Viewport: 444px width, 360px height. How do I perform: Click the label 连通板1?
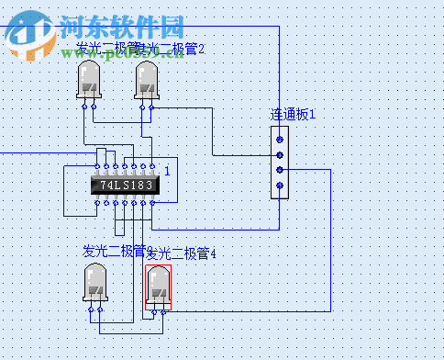(x=293, y=115)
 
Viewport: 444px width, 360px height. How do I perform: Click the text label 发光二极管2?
(x=174, y=48)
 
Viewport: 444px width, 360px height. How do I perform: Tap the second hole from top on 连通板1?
(x=280, y=154)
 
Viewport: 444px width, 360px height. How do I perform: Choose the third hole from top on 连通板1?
(x=280, y=170)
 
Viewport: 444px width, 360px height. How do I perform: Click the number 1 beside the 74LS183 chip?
(x=167, y=171)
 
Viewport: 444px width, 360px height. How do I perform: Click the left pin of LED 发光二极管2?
(x=143, y=107)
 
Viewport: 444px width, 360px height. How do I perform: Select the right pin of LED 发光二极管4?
(x=164, y=311)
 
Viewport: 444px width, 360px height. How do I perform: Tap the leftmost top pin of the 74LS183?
(x=97, y=168)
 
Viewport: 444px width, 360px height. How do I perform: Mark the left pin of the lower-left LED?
(x=90, y=310)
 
